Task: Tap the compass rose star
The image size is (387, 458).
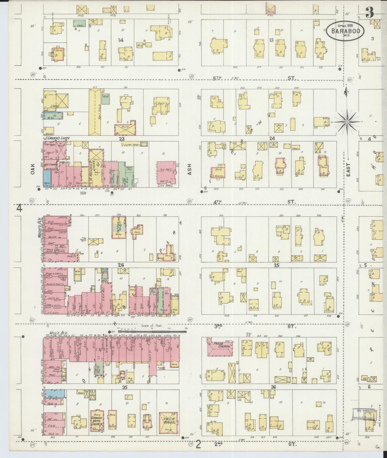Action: pyautogui.click(x=347, y=122)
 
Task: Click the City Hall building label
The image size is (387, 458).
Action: pyautogui.click(x=166, y=186)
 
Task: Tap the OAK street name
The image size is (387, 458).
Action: pyautogui.click(x=32, y=169)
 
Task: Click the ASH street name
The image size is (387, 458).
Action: pyautogui.click(x=190, y=169)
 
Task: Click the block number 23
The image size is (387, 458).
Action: pyautogui.click(x=122, y=139)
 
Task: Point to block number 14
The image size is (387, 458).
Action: pyautogui.click(x=121, y=40)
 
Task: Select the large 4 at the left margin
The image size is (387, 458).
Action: pyautogui.click(x=19, y=208)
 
